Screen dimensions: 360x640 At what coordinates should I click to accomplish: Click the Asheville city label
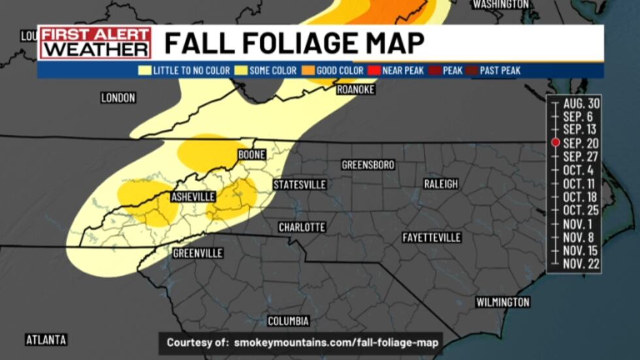pyautogui.click(x=193, y=197)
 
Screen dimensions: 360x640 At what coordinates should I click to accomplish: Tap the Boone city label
pyautogui.click(x=251, y=155)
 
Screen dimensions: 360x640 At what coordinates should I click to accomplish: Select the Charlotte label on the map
pyautogui.click(x=302, y=227)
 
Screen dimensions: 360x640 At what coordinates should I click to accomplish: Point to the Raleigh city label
pyautogui.click(x=441, y=184)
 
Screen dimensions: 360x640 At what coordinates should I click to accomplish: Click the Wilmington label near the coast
pyautogui.click(x=502, y=302)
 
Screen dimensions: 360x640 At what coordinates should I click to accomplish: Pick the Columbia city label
pyautogui.click(x=288, y=321)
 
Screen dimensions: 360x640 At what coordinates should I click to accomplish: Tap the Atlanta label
pyautogui.click(x=46, y=340)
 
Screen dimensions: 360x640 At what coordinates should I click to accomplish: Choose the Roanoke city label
pyautogui.click(x=355, y=90)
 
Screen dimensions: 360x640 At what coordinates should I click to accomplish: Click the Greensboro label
pyautogui.click(x=368, y=165)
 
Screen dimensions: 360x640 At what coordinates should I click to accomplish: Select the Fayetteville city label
pyautogui.click(x=432, y=237)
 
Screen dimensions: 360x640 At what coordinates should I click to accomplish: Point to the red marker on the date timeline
pyautogui.click(x=555, y=142)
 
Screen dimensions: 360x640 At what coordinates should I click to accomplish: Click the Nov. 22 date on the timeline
pyautogui.click(x=581, y=263)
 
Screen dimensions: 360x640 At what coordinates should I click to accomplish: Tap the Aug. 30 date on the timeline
pyautogui.click(x=581, y=103)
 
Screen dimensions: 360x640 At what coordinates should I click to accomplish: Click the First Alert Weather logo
pyautogui.click(x=95, y=43)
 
